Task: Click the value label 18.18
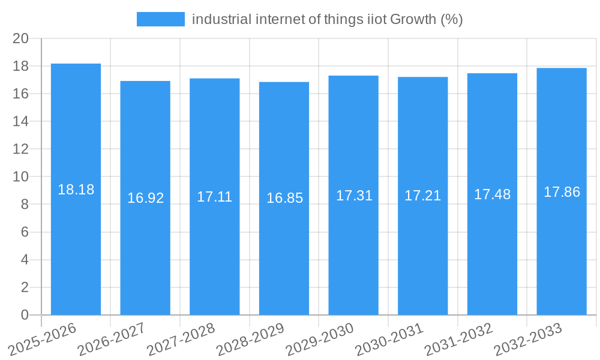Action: click(76, 190)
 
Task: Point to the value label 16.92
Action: click(145, 198)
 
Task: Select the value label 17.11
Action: click(215, 197)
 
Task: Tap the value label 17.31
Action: click(354, 196)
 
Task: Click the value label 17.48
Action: click(493, 194)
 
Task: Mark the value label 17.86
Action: click(562, 192)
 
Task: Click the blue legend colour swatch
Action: click(160, 19)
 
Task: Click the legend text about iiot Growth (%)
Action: click(327, 19)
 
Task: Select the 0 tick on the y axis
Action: click(25, 315)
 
